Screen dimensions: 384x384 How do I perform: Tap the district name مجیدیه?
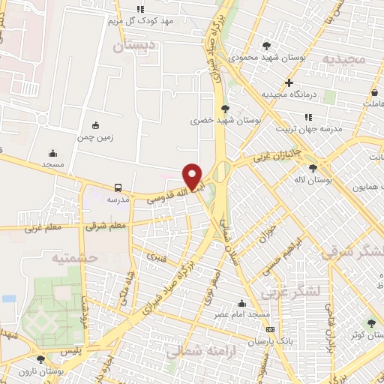pos(345,58)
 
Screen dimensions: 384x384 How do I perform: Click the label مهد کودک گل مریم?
pos(146,21)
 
